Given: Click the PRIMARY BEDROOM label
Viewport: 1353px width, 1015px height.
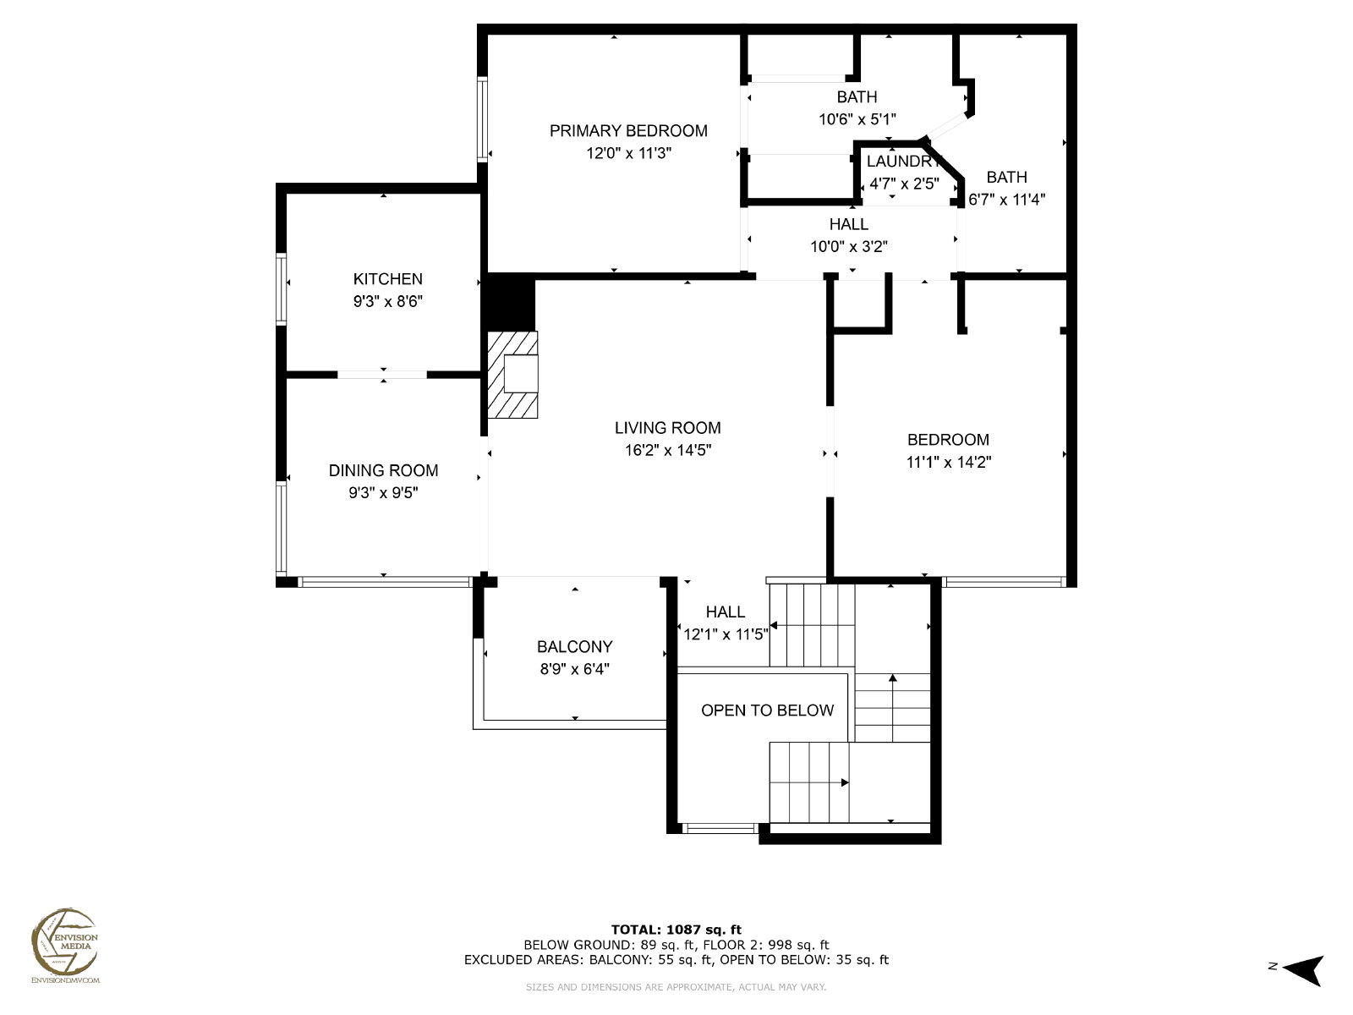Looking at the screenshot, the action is pos(628,130).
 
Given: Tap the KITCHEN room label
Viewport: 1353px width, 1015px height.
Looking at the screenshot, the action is pos(387,279).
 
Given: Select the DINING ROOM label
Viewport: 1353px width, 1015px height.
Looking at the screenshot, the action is pos(383,471).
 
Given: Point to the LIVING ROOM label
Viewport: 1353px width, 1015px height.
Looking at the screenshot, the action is pos(667,428).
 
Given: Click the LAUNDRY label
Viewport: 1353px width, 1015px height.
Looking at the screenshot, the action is pos(904,162).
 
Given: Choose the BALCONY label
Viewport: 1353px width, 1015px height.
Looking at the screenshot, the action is pos(574,646).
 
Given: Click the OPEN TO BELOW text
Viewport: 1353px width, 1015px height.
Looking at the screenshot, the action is pos(768,710).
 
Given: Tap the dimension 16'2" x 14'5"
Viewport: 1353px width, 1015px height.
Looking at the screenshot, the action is pos(668,450).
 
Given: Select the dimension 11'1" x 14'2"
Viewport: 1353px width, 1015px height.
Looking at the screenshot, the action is pos(949,462).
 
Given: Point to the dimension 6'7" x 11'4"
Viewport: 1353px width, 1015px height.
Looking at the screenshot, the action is pos(1006,199).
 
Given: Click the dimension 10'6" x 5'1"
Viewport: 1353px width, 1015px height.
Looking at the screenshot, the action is pos(857,119).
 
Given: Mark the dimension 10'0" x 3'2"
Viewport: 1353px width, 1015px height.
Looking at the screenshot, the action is pos(849,246).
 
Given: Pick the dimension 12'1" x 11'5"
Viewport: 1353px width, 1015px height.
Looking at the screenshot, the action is pos(726,634).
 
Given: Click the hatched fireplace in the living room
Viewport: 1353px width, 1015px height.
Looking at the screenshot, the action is pos(512,375).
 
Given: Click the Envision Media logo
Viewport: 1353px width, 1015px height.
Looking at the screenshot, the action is pos(65,944).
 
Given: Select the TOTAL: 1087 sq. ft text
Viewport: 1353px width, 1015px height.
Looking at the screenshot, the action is pos(676,930).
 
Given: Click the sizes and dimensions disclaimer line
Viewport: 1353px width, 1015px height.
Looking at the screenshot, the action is pos(676,986).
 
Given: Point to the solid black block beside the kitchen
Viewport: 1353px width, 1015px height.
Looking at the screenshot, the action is pos(511,303).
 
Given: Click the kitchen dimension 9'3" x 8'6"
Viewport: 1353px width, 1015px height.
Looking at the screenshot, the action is pos(387,301).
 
